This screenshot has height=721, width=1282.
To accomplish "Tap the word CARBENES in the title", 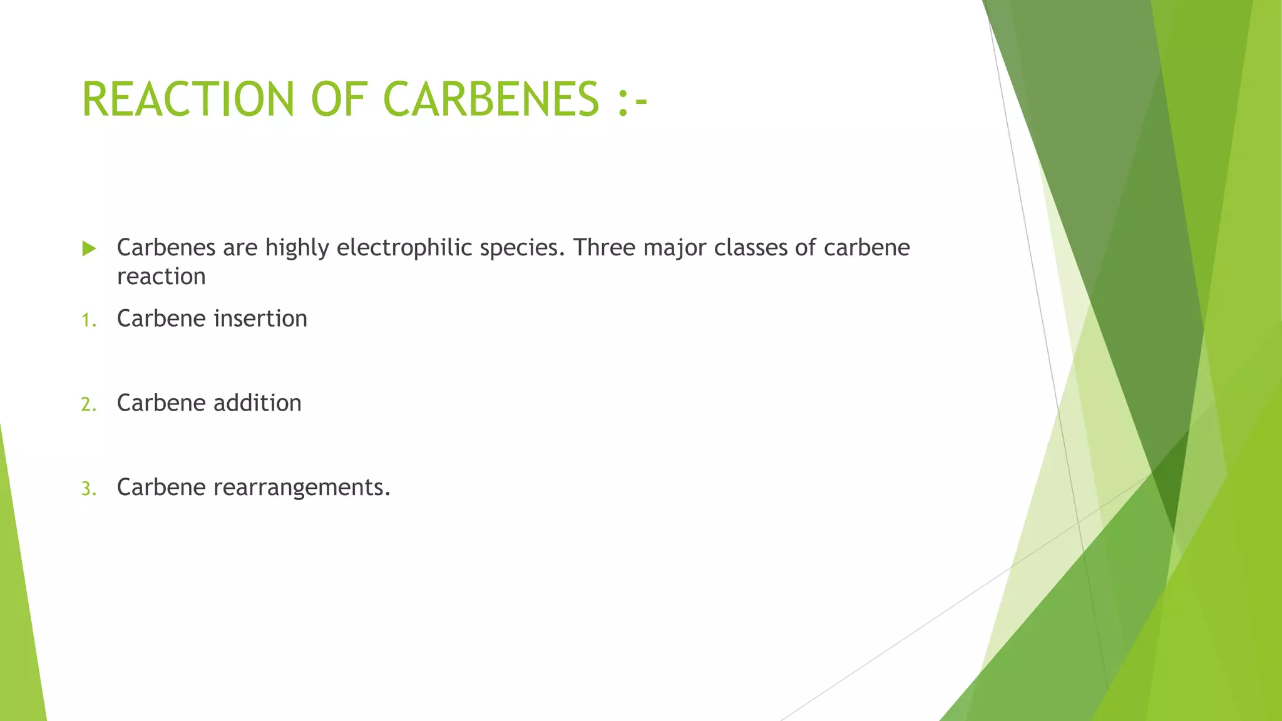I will [491, 99].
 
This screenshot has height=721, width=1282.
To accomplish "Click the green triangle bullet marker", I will [89, 248].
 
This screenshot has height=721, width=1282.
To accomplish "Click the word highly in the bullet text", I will [297, 248].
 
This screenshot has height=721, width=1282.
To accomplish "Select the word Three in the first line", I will [603, 248].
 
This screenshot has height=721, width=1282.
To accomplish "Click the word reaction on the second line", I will [161, 277].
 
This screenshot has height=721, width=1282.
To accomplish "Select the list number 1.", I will [88, 320].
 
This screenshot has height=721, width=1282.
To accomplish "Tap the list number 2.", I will [88, 404].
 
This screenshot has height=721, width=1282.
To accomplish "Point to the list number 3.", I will [88, 489].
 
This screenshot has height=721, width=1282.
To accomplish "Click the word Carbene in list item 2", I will [161, 403].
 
